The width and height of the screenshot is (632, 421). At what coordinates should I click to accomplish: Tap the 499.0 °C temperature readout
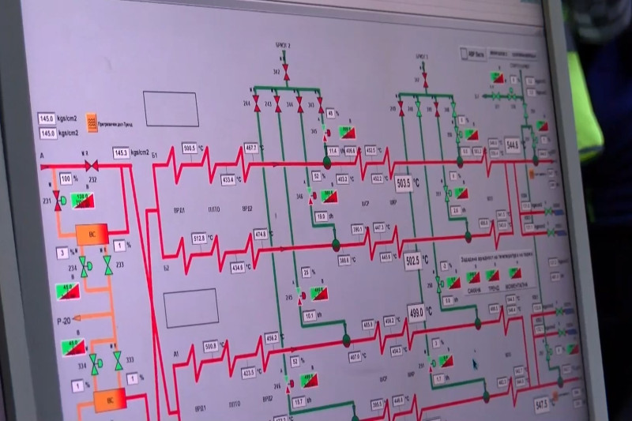(416, 311)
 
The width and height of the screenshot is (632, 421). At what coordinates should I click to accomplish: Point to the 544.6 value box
(511, 146)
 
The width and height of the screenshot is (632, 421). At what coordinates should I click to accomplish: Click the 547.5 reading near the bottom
(542, 405)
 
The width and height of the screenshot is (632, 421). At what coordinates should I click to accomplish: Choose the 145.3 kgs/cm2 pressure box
(121, 152)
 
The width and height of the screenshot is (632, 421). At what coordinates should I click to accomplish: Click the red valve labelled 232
(91, 165)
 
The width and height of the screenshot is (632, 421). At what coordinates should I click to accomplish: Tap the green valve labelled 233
(108, 266)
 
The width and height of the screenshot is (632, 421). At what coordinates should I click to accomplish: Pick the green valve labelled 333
(118, 361)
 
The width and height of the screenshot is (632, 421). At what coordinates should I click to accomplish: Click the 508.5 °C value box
(190, 148)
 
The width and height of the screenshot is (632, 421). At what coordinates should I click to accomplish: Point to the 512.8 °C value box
(198, 238)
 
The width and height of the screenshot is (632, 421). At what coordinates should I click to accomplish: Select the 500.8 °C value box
(210, 345)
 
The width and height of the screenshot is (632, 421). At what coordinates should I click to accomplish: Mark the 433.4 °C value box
(227, 180)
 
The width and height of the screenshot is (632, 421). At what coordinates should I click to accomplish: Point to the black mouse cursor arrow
(475, 363)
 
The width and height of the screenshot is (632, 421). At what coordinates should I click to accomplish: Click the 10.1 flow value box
(310, 316)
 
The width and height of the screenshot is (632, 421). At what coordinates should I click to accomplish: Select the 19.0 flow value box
(321, 216)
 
